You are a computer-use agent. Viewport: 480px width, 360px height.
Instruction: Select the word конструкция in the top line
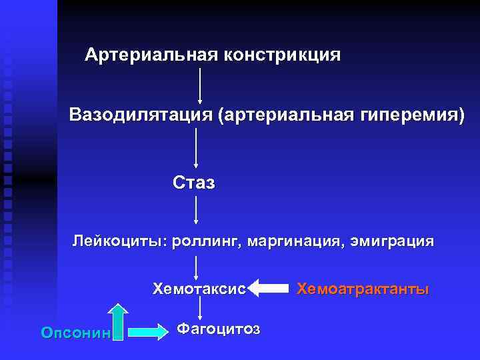(285, 55)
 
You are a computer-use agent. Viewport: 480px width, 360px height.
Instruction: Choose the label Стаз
(194, 182)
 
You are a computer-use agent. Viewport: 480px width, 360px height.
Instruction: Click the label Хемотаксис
(199, 289)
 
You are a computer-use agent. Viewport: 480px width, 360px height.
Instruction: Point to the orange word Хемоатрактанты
(363, 289)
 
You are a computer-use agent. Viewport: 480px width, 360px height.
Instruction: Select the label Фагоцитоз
(219, 329)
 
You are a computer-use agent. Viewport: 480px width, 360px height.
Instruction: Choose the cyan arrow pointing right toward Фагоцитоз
(149, 331)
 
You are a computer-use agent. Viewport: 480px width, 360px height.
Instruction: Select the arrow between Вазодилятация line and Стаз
(196, 148)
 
